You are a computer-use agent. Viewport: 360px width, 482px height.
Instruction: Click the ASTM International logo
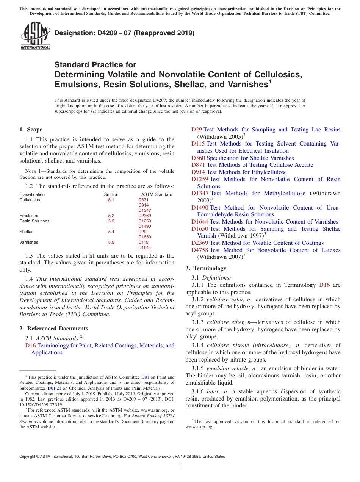[35, 36]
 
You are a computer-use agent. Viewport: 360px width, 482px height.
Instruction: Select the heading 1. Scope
[31, 130]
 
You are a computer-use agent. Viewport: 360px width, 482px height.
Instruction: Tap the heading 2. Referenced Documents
[54, 329]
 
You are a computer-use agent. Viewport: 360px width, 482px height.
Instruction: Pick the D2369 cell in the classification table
[144, 216]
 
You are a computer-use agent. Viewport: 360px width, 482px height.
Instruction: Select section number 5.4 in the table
[111, 232]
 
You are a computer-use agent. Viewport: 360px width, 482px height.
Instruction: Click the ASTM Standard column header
[154, 194]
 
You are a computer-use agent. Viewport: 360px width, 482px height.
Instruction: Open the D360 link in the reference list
[198, 158]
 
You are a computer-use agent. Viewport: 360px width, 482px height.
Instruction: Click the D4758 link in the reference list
[200, 250]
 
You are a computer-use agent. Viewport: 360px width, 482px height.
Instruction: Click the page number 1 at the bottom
[180, 466]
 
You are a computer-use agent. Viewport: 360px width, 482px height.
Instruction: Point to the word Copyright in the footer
[29, 457]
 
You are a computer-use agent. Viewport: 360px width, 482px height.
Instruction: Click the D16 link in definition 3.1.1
[324, 285]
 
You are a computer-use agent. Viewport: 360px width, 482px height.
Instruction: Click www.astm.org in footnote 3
[199, 427]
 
